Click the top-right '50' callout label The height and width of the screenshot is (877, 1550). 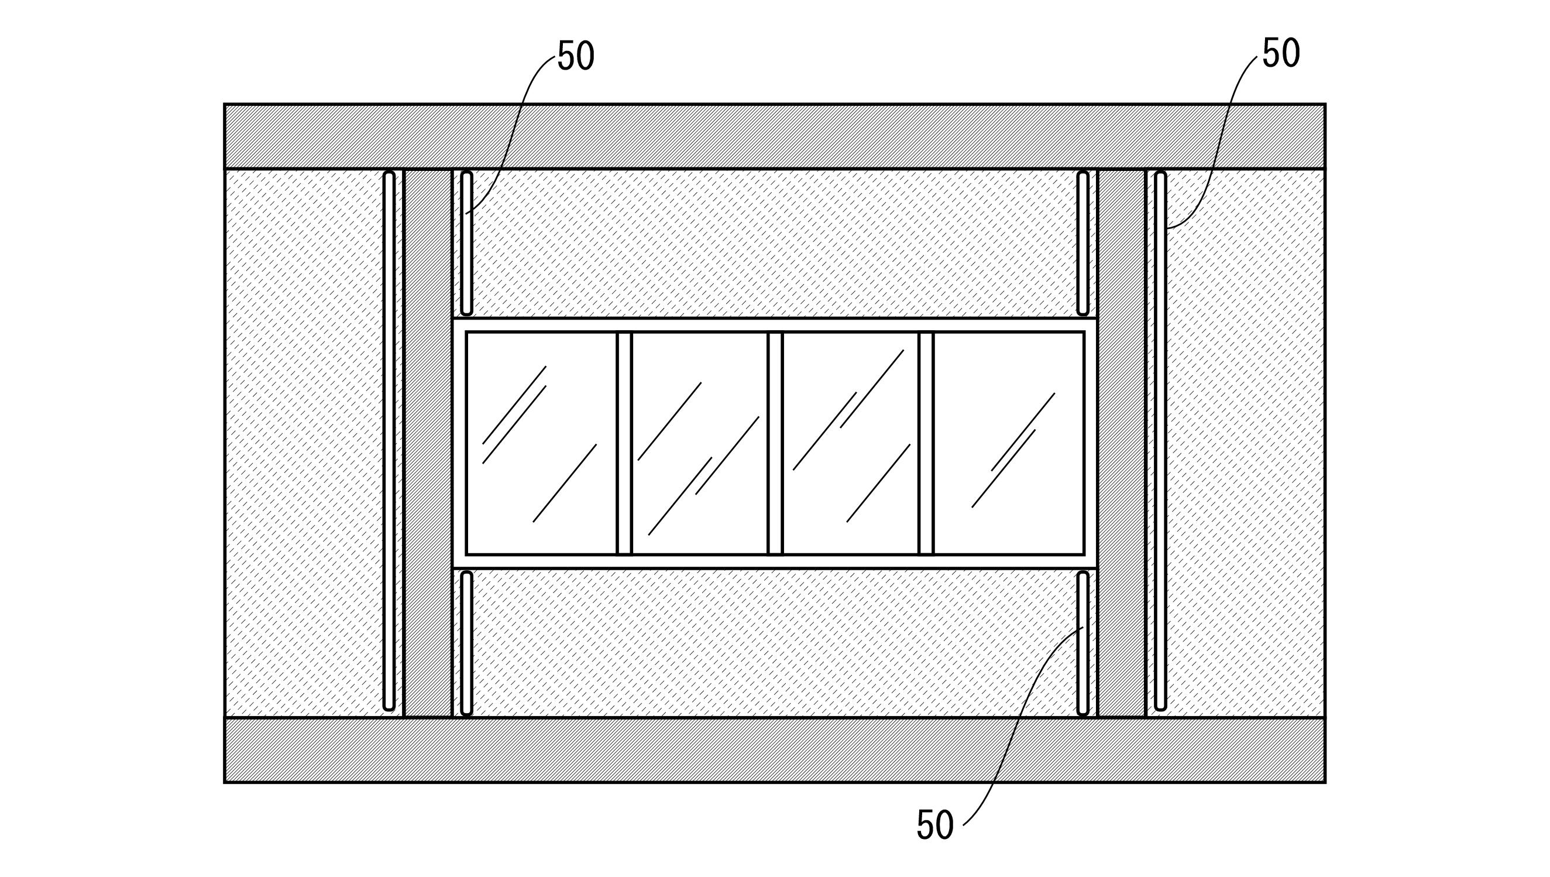pos(1281,54)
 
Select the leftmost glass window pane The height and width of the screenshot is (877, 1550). pos(541,443)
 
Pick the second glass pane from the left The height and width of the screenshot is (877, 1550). pos(699,443)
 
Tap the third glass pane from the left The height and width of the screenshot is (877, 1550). pos(850,443)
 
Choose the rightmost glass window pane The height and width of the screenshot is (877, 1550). pos(1008,443)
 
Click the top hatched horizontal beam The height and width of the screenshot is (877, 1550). pos(775,136)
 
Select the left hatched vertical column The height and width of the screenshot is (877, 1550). pos(428,443)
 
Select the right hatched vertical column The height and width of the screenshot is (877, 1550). pos(1121,443)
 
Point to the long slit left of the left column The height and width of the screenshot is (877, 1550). pos(390,441)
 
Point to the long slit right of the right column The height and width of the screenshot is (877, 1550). pos(1160,441)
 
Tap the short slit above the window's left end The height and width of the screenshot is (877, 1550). pos(466,244)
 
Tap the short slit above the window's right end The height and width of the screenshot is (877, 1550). pos(1082,244)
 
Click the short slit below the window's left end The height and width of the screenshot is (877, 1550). pos(466,643)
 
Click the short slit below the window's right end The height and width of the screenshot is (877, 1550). pos(1082,643)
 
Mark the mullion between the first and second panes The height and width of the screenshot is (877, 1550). pos(624,443)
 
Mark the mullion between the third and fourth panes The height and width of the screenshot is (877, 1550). pos(926,443)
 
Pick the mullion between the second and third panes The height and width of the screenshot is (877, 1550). pos(775,443)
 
